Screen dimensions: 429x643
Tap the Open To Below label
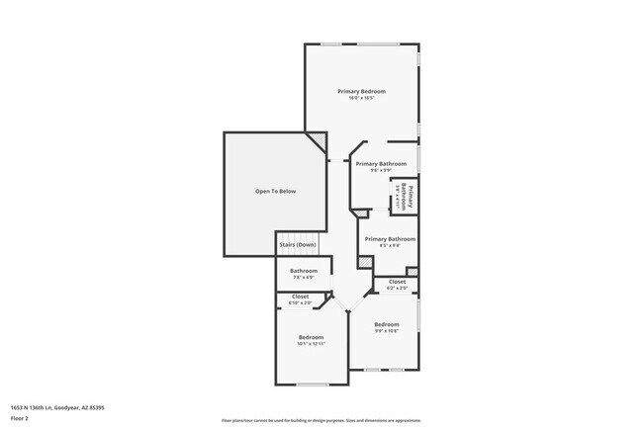coord(275,191)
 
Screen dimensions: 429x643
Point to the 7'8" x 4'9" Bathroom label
coord(304,271)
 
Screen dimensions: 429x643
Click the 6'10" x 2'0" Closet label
coord(300,297)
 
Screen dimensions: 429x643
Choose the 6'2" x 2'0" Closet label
coord(397,283)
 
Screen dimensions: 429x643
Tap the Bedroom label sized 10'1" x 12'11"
coord(311,337)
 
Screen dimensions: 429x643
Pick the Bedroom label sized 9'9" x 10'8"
coord(387,324)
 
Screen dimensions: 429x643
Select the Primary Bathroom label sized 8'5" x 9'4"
coord(390,239)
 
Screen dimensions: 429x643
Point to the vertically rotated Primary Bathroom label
coord(403,195)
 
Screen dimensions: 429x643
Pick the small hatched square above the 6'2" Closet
coord(412,271)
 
